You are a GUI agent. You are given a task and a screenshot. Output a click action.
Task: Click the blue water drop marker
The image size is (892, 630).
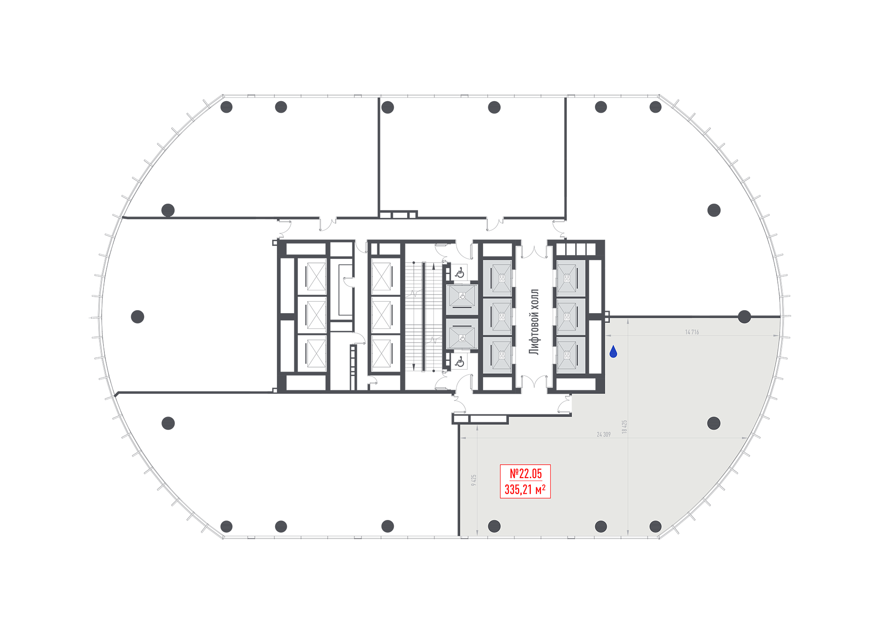613,352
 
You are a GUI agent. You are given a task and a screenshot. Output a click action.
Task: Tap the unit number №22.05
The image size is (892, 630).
526,473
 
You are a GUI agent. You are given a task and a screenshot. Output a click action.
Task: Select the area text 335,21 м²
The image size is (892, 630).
525,489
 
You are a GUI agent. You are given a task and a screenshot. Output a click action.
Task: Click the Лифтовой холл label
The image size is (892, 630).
534,322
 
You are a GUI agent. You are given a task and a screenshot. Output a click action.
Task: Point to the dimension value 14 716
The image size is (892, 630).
692,332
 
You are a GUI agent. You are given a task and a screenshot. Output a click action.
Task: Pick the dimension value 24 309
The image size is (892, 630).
603,434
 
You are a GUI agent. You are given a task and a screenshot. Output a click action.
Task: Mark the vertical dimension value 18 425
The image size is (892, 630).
624,426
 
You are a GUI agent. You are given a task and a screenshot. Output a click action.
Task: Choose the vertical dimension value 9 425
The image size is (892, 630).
474,480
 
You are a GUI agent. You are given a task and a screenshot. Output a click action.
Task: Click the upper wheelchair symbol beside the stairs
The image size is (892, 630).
460,272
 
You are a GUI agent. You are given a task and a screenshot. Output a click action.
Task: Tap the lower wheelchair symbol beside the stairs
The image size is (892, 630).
460,361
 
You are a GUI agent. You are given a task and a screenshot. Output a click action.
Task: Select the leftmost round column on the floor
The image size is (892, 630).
137,317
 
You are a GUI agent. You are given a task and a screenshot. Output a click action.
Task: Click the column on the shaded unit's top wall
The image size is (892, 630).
744,317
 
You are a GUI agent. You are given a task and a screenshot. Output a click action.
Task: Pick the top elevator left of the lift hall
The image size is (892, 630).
497,278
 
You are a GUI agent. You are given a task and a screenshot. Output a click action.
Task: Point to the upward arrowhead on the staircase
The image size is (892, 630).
434,266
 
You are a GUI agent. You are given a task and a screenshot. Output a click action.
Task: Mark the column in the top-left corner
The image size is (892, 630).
227,107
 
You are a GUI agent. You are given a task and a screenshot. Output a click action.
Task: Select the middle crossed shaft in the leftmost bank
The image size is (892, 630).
316,315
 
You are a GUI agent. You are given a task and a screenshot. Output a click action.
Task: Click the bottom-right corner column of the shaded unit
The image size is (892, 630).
655,526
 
